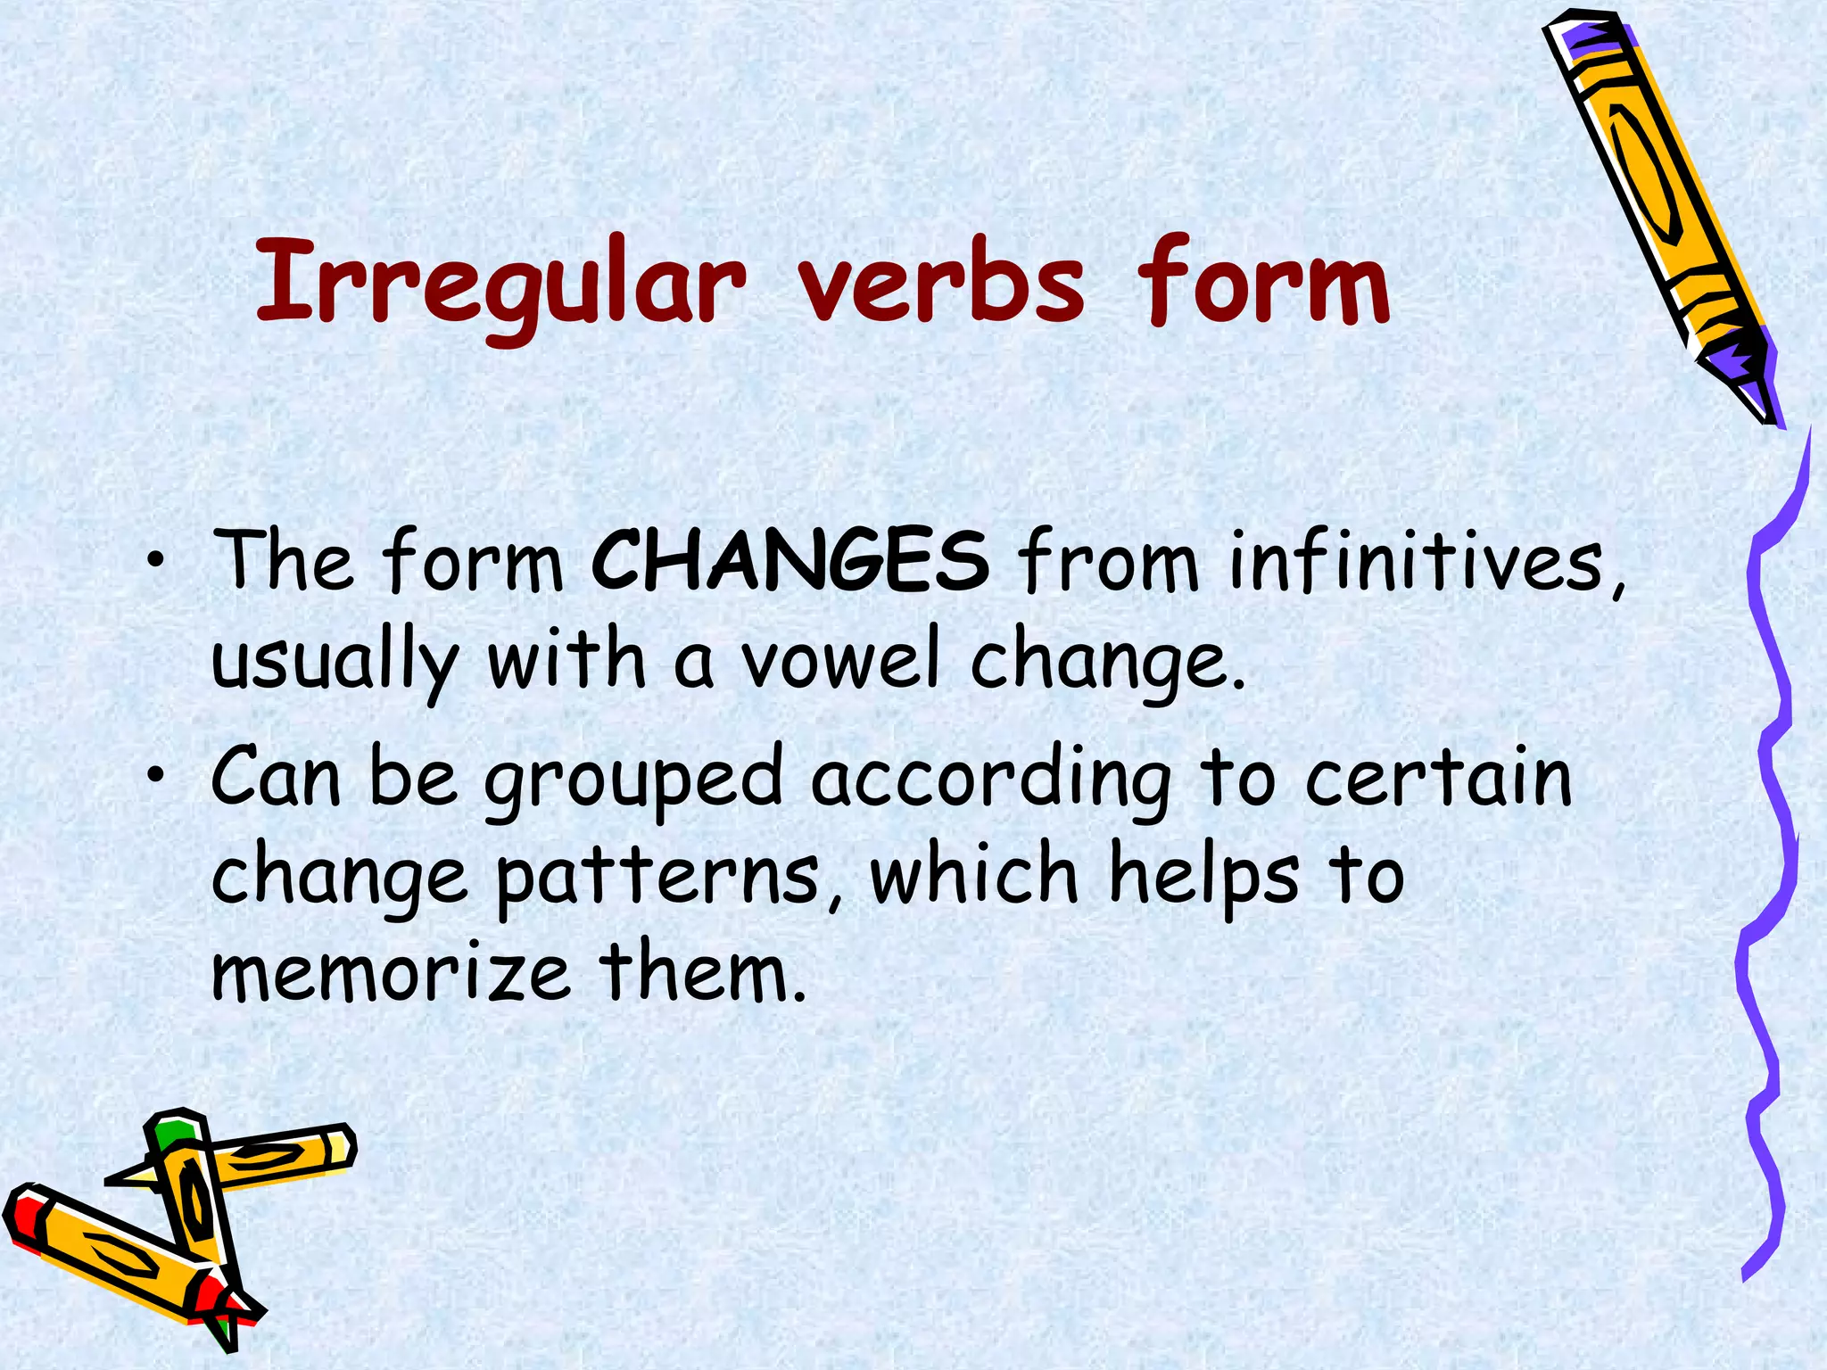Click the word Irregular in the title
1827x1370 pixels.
tap(500, 284)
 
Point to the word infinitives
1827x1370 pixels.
tap(1424, 562)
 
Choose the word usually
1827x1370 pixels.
tap(335, 664)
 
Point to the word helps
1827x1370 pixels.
tap(1204, 879)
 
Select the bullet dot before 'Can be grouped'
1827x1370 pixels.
tap(157, 776)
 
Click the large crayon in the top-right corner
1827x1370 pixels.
tap(1659, 214)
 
